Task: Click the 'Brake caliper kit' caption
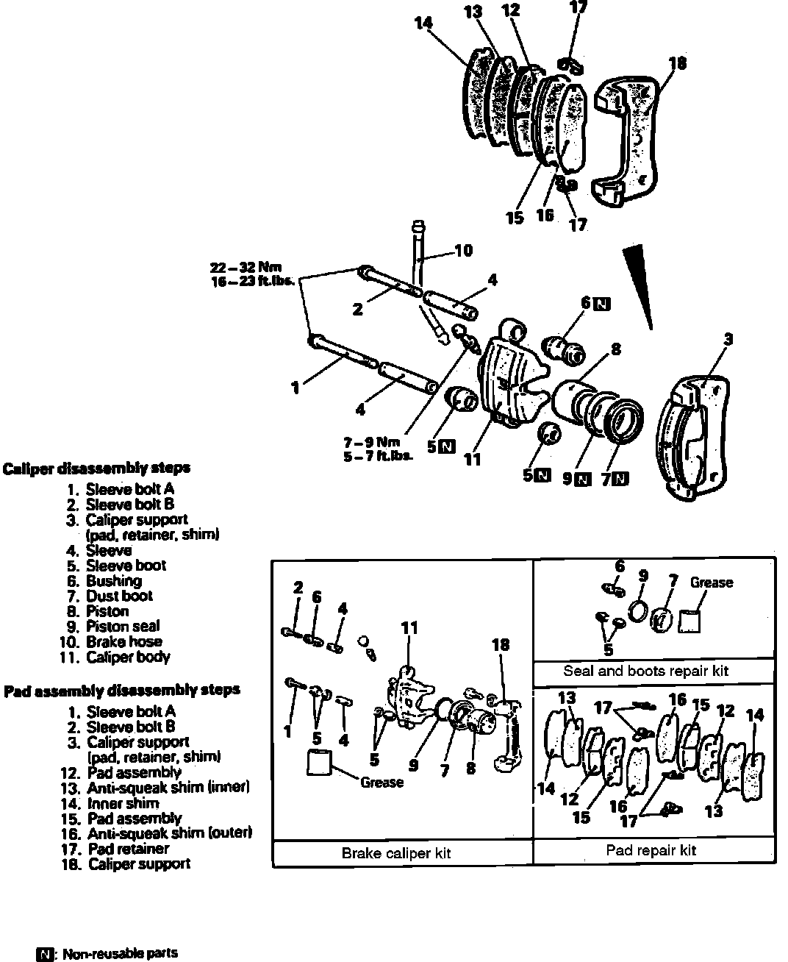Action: coord(395,853)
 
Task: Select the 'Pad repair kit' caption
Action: coord(651,850)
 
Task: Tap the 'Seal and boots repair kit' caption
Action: coord(645,671)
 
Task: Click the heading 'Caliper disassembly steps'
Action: coord(96,468)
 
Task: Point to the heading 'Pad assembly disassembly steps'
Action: coord(122,691)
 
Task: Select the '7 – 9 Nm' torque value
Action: coord(371,442)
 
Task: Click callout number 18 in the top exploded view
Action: coord(678,63)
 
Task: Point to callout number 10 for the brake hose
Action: coord(463,251)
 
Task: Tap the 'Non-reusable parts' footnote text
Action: coord(120,954)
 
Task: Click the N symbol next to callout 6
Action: coord(602,303)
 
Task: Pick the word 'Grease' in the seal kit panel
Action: coord(711,582)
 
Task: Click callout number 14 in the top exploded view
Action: coord(423,23)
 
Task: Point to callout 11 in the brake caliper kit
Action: coord(409,628)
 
